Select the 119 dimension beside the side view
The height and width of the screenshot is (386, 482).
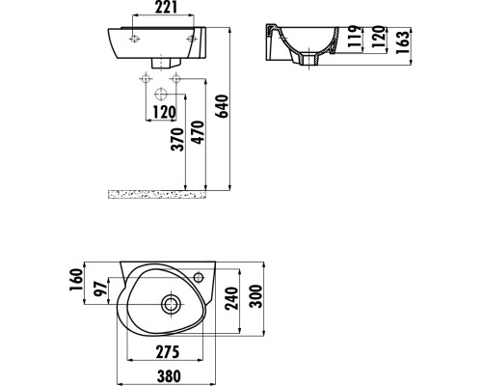353,40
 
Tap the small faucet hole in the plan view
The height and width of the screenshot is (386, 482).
200,278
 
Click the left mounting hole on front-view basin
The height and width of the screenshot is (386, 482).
133,40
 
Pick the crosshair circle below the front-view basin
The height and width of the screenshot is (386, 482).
162,94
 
